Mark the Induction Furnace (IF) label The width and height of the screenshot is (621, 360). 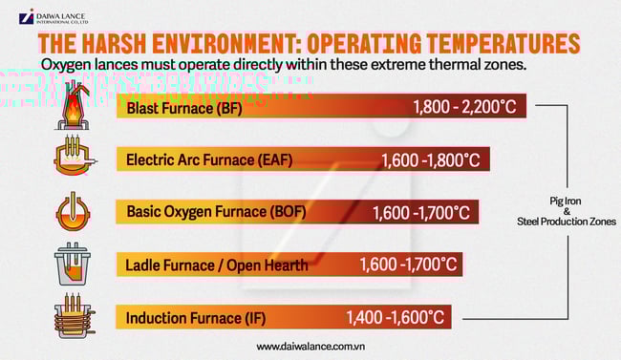(188, 316)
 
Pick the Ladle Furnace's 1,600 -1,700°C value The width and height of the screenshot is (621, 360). (409, 264)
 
